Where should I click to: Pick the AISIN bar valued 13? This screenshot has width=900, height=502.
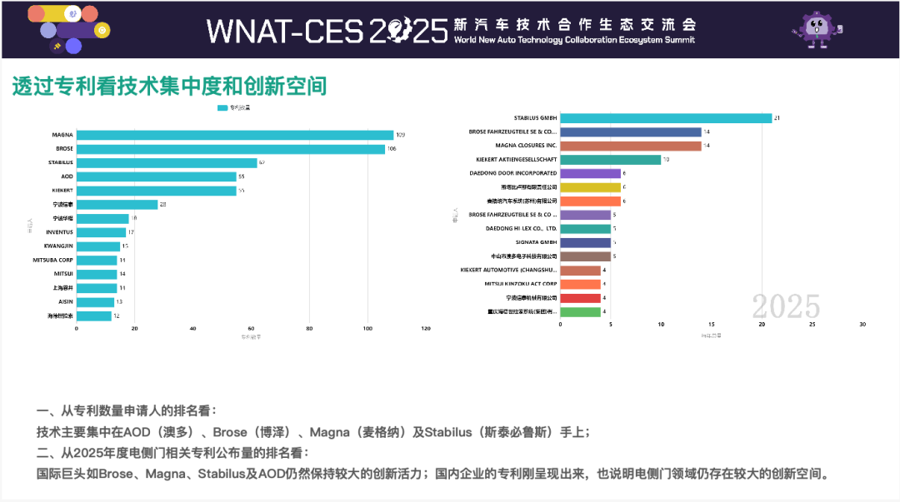tap(95, 301)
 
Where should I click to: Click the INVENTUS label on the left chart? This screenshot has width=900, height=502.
tap(60, 232)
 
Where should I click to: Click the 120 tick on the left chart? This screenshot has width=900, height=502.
tap(426, 328)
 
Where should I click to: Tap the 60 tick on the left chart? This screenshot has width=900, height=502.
tap(251, 328)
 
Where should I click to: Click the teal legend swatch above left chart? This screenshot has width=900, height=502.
tap(222, 108)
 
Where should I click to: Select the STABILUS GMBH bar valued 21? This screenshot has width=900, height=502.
tap(666, 118)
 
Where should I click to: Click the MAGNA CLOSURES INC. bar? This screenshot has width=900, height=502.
tap(631, 146)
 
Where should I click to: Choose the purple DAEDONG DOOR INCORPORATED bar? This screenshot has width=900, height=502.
tap(590, 173)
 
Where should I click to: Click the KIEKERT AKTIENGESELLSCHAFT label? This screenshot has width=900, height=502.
tap(517, 159)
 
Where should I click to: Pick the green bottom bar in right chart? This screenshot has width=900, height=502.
tap(580, 311)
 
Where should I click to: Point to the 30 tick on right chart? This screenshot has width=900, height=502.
tap(862, 324)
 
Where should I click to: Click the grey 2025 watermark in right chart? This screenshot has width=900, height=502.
tap(786, 306)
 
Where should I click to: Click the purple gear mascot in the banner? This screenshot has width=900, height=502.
tap(816, 29)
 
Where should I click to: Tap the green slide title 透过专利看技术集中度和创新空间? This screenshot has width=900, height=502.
tap(169, 86)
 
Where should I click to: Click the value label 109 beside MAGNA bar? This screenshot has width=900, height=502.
tap(401, 135)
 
